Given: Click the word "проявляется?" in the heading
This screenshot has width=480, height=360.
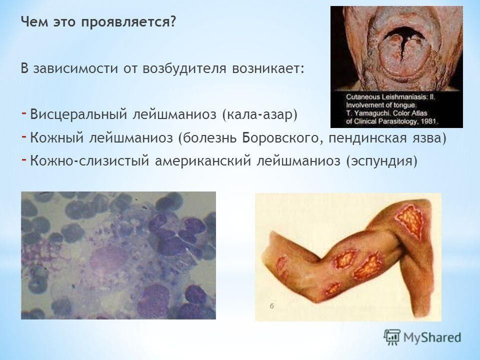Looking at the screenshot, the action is pyautogui.click(x=129, y=22).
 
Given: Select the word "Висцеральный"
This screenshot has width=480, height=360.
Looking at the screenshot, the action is pyautogui.click(x=78, y=114).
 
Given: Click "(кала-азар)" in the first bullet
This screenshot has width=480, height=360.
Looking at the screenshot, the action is pyautogui.click(x=260, y=114).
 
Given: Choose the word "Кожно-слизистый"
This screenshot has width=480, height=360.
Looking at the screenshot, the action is pyautogui.click(x=89, y=160).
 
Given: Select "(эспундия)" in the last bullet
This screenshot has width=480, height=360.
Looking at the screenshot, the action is pyautogui.click(x=381, y=160).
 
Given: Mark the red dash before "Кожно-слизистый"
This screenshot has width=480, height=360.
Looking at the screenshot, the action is pyautogui.click(x=24, y=158).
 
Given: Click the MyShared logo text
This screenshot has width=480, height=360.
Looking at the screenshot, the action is pyautogui.click(x=432, y=337).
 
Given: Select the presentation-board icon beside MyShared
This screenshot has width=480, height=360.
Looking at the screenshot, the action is pyautogui.click(x=392, y=337).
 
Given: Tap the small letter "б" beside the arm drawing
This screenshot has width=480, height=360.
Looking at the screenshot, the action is pyautogui.click(x=272, y=305).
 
